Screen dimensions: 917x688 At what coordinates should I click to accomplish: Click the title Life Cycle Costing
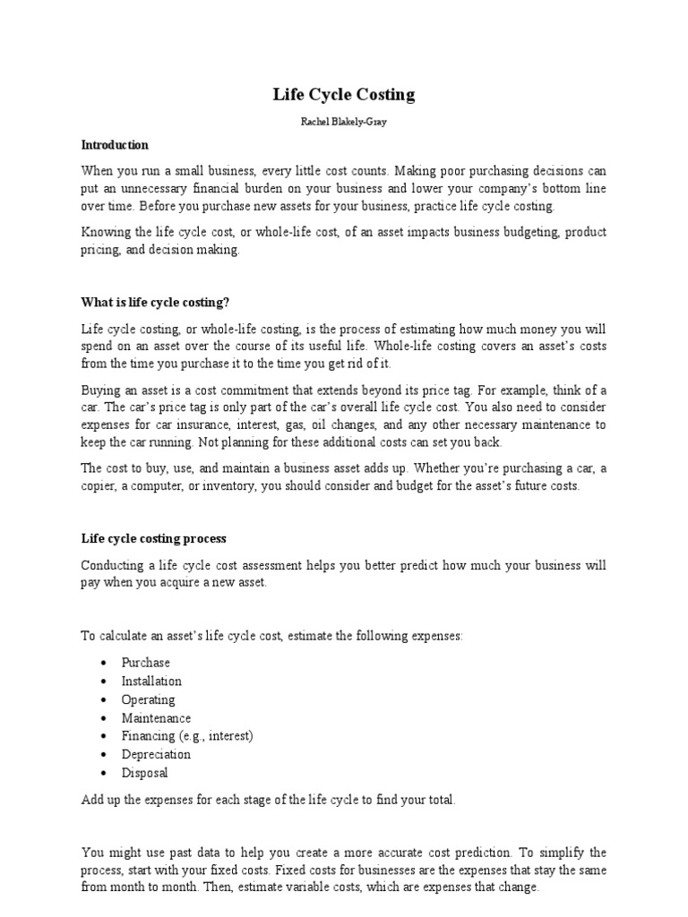(x=344, y=94)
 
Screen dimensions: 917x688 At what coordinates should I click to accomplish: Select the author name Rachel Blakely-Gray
(x=344, y=121)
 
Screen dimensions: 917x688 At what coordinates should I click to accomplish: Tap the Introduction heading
(x=115, y=145)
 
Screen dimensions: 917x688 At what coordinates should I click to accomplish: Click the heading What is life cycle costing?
(x=161, y=301)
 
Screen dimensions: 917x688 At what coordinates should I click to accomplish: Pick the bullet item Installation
(x=151, y=681)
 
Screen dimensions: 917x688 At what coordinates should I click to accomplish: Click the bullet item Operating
(x=149, y=699)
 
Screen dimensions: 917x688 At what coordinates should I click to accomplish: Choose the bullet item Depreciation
(x=156, y=754)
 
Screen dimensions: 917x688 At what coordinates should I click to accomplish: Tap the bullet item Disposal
(x=144, y=773)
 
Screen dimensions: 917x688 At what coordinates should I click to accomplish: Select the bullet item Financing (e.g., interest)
(x=188, y=736)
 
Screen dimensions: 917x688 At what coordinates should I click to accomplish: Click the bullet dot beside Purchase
(x=105, y=664)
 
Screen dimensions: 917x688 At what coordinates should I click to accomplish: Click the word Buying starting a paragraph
(x=101, y=390)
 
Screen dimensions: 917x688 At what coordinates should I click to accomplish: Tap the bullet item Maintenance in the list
(x=156, y=718)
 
